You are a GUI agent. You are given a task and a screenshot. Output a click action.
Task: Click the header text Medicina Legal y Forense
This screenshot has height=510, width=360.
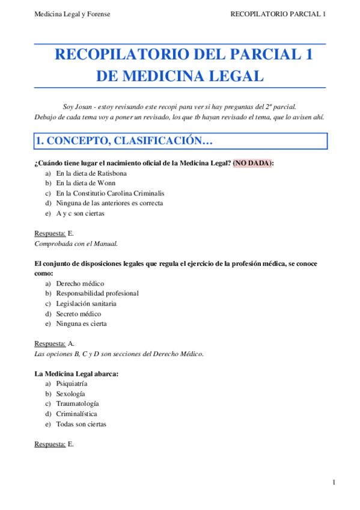pos(72,14)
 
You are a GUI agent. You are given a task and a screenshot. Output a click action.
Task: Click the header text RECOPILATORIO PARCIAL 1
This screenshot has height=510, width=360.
pos(278,14)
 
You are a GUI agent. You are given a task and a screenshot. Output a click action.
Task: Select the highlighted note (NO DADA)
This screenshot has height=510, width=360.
pos(252,163)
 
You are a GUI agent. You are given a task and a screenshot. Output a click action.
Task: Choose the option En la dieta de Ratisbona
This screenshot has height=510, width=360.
pos(91,173)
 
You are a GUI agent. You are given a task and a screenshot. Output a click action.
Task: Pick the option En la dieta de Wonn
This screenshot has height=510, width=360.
pos(86,183)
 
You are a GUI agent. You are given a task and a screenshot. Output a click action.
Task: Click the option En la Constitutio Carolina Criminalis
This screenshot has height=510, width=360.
pos(110,194)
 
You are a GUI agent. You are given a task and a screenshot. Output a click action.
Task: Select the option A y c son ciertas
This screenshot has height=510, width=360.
pos(80,214)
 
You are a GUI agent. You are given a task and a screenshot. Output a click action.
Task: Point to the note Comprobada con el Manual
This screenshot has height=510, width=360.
pos(76,244)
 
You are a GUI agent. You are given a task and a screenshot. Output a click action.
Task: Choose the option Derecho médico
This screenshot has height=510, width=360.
pos(80,283)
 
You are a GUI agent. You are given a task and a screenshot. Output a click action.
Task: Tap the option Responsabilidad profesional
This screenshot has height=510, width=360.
pos(97,293)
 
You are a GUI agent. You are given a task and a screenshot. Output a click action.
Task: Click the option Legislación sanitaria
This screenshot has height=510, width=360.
pos(86,304)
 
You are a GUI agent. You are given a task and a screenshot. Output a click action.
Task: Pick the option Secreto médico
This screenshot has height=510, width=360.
pos(78,314)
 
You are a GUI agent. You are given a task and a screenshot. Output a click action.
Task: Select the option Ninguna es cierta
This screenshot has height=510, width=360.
pos(81,324)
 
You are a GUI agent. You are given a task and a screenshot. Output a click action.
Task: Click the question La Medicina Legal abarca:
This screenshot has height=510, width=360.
pos(76,373)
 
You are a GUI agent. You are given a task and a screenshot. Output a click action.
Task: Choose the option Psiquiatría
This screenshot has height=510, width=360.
pos(72,384)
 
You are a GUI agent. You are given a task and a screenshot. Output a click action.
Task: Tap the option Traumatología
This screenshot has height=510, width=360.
pos(78,404)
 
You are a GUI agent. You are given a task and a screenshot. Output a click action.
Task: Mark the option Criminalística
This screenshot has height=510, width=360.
pos(76,414)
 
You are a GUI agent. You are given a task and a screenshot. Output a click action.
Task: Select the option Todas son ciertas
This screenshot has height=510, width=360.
pos(81,424)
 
